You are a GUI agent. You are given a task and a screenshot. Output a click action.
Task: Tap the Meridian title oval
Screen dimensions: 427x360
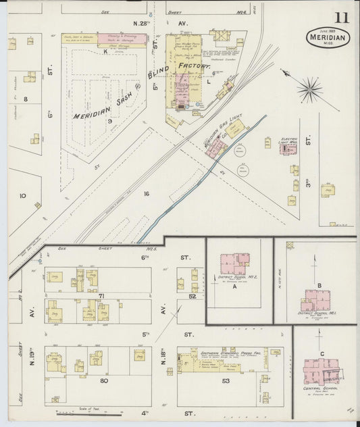(x=330, y=36)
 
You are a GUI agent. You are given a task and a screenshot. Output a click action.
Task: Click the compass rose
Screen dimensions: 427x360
(x=310, y=86)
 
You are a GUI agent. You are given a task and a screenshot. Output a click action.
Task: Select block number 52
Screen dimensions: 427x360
(x=192, y=295)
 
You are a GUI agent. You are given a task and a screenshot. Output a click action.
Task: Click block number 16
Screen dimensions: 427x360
(x=145, y=193)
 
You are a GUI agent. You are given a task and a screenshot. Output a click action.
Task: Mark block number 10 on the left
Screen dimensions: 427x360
(x=22, y=196)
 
